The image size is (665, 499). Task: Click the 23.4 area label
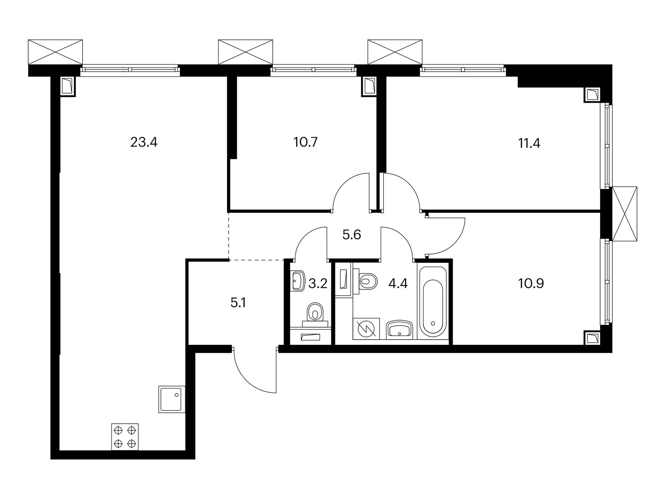pos(144,143)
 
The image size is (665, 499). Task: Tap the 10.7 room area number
pos(305,143)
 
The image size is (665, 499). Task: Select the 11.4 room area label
pos(529,143)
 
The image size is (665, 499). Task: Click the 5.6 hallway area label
pos(351,235)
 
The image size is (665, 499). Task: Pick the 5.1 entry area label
pos(239,303)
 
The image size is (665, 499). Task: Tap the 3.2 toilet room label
pos(318,284)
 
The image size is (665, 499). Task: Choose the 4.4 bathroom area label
pos(398,284)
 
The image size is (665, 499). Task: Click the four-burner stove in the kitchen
pos(125,436)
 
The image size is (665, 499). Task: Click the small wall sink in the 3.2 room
pos(298,281)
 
